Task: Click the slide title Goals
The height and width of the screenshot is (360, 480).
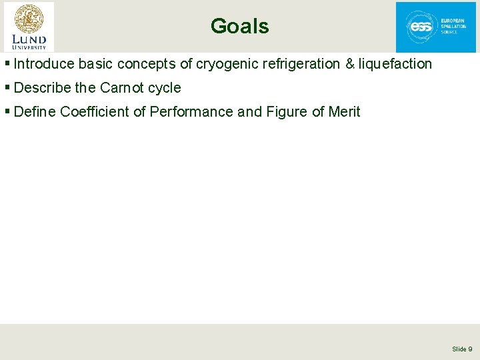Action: click(239, 26)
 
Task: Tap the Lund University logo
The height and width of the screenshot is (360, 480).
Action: click(29, 27)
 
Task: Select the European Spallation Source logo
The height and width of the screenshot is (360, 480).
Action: click(436, 27)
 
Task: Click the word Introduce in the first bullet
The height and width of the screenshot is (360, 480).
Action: click(43, 64)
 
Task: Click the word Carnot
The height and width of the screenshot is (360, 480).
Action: click(122, 87)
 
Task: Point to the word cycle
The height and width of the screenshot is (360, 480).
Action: click(165, 87)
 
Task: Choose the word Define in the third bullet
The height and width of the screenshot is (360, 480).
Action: click(35, 111)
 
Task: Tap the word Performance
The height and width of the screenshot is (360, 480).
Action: click(191, 111)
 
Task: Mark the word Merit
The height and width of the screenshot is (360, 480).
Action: click(345, 111)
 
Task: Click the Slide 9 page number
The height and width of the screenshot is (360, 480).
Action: click(462, 349)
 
